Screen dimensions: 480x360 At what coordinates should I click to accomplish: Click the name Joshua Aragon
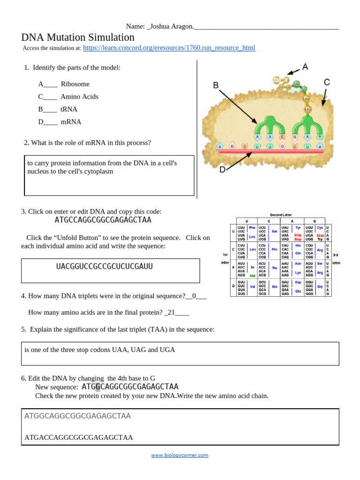[171, 26]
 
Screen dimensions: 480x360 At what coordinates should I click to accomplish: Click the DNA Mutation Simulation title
[78, 37]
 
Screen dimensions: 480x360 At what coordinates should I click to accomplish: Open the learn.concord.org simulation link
[169, 48]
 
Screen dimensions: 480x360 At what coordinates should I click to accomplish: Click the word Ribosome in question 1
[75, 84]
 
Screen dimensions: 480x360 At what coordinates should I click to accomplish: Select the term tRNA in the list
[69, 109]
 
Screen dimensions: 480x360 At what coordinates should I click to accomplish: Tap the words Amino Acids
[79, 97]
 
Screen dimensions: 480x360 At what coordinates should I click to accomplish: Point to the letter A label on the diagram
[305, 67]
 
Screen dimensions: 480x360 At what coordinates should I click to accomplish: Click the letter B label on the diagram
[216, 85]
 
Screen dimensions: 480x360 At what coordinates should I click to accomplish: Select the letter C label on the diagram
[327, 82]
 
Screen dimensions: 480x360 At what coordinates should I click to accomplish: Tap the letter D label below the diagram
[223, 170]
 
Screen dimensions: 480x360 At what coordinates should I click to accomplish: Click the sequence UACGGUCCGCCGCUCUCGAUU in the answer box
[105, 267]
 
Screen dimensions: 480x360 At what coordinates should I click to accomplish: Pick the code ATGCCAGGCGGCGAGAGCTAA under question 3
[103, 220]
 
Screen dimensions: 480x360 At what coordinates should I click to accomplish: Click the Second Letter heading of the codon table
[281, 215]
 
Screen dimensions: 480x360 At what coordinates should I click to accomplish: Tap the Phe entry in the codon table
[252, 228]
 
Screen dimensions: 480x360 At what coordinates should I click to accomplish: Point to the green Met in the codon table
[252, 276]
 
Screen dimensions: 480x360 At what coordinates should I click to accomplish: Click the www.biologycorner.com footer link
[180, 455]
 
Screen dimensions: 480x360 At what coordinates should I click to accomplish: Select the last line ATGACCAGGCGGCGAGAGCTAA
[79, 437]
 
